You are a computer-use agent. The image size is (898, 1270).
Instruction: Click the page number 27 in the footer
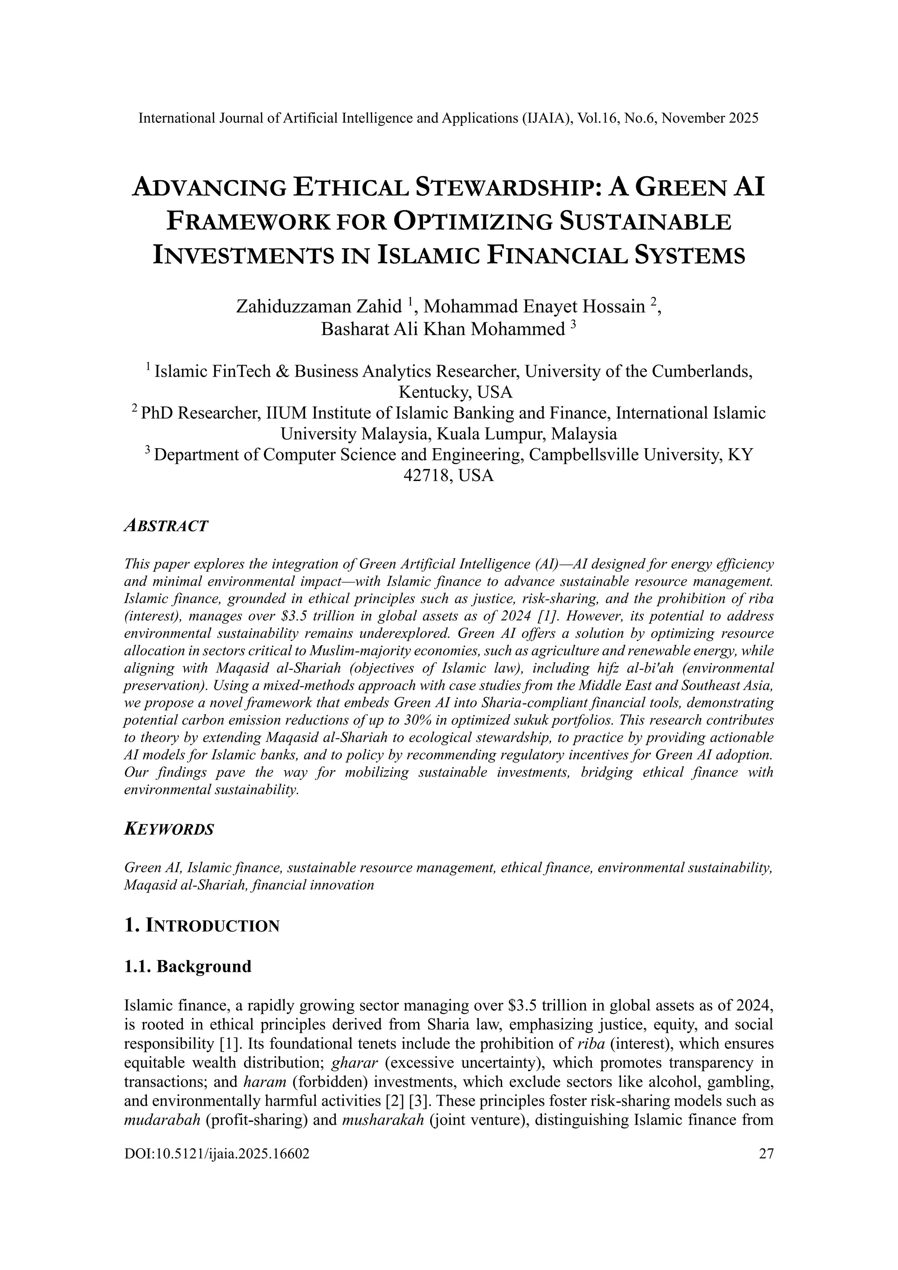pos(766,1153)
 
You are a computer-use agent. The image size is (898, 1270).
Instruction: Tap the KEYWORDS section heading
pos(169,830)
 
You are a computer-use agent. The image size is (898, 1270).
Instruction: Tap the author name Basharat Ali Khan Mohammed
pos(442,329)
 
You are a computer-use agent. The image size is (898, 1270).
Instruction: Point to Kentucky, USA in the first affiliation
pos(455,392)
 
